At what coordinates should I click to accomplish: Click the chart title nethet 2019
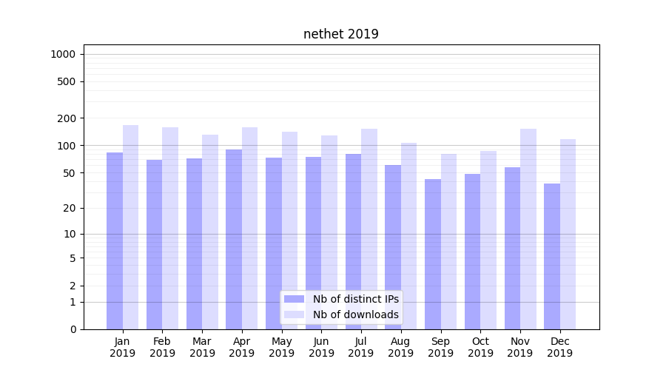click(340, 34)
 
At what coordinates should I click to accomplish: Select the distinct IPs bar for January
click(115, 240)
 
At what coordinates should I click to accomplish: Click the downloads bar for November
click(528, 229)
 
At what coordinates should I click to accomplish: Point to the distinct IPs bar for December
click(552, 256)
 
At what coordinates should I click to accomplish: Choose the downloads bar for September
click(448, 241)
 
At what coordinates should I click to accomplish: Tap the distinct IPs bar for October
click(472, 252)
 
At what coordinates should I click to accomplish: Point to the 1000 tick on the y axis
click(63, 54)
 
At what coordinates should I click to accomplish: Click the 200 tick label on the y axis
click(67, 118)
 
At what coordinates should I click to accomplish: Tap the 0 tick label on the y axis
click(73, 329)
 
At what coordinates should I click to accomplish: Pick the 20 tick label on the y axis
click(70, 208)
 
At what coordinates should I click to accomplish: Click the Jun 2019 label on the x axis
click(321, 347)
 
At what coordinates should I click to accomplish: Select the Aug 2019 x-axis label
click(401, 347)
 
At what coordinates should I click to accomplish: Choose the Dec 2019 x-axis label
click(560, 347)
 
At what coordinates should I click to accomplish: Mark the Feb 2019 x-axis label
click(162, 347)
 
